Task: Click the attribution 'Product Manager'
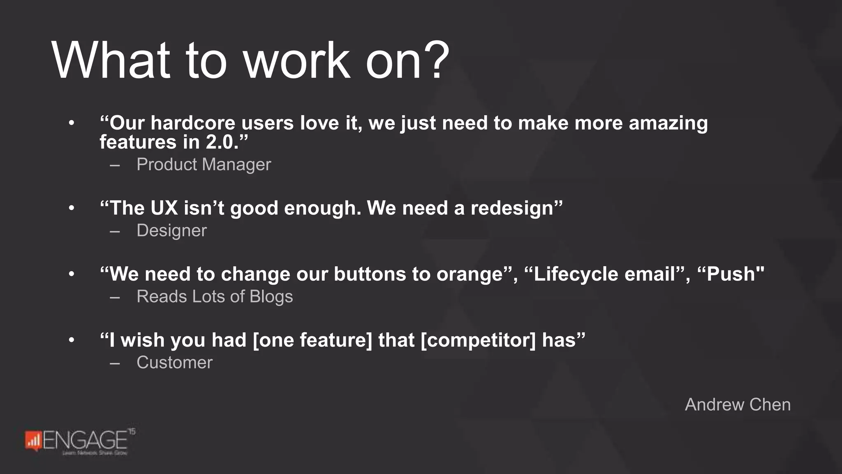204,165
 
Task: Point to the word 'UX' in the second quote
164,208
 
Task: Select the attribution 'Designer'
171,230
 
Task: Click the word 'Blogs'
271,297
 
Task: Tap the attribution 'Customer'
174,362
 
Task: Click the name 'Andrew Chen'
738,404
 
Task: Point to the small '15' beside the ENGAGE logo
132,431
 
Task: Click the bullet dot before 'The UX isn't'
72,208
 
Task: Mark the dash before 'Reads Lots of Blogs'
115,297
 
